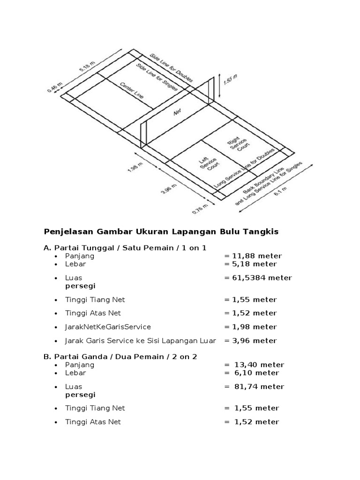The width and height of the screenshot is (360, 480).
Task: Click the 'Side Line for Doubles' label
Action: click(171, 68)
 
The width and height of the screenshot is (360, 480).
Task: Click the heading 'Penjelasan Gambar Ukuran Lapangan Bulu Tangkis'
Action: click(161, 232)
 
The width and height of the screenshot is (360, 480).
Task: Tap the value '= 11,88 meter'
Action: click(253, 256)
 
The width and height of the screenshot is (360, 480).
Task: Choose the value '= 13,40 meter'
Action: click(254, 365)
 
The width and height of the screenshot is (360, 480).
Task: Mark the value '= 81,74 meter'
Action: click(254, 387)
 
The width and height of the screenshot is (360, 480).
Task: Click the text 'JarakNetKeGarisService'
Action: click(108, 327)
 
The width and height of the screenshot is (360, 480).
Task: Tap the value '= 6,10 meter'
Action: click(251, 373)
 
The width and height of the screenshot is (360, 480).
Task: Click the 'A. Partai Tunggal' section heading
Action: click(125, 247)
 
